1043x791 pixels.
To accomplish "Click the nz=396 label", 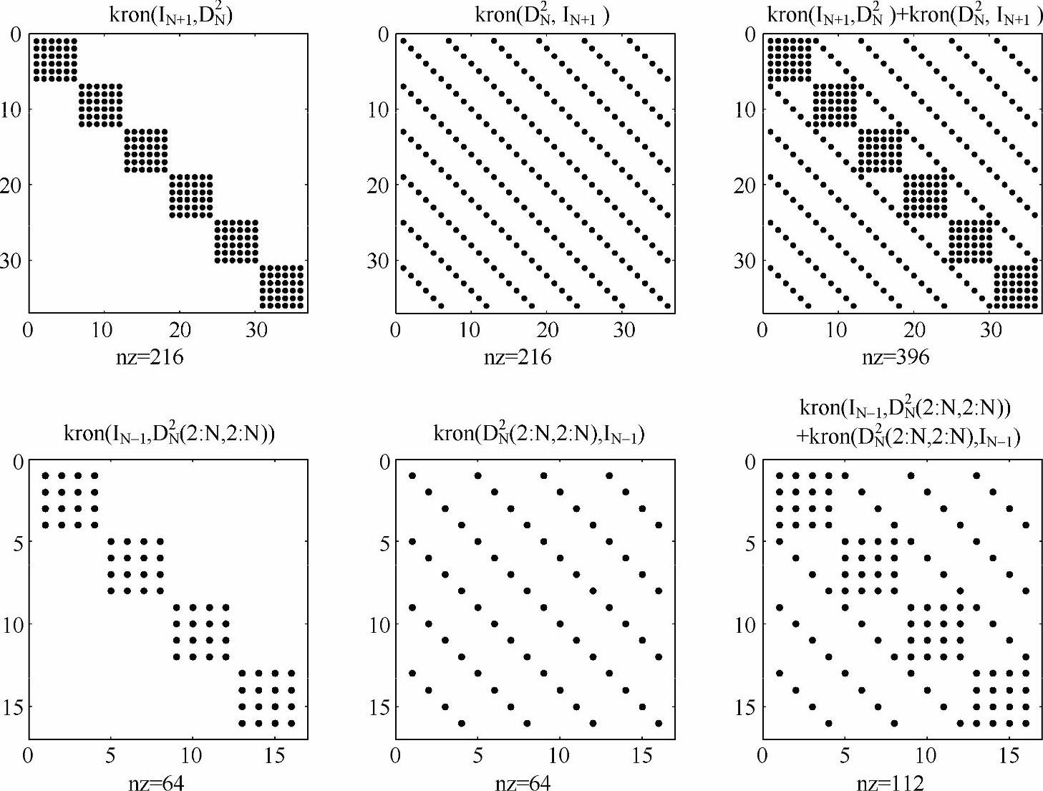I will click(896, 356).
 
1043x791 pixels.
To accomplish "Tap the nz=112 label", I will click(891, 782).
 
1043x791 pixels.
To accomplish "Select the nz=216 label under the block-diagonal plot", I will click(150, 356).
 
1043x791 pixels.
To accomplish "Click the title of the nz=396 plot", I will click(904, 16).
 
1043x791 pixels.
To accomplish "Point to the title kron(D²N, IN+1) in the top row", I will click(542, 16).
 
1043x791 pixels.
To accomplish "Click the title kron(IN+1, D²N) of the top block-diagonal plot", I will click(171, 16).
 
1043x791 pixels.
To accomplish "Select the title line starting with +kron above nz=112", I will click(908, 436).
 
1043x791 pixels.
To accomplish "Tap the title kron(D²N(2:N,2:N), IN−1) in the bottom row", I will click(538, 434).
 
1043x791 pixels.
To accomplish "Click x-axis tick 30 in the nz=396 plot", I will click(991, 330).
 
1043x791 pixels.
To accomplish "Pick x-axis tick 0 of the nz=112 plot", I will click(762, 756).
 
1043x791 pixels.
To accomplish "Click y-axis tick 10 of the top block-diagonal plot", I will click(12, 110).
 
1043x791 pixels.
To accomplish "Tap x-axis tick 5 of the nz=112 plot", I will click(845, 756).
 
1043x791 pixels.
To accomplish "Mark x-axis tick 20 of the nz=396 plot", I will click(915, 330).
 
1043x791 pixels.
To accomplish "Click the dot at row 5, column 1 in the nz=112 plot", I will click(780, 541).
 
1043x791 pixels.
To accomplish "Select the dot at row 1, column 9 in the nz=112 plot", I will click(911, 475).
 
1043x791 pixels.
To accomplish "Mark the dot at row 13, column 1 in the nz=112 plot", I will click(780, 673).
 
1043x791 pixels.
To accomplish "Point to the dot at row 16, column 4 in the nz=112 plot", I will click(829, 723).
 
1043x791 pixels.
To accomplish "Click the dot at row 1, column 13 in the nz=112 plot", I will click(976, 475).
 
